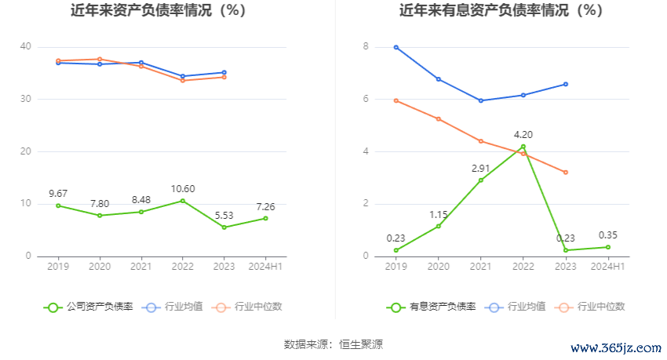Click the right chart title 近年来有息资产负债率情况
501,11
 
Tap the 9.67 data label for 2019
58,193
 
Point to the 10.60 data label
182,188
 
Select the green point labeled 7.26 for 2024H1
265,218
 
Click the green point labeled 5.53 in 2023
224,227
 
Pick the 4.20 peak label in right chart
523,134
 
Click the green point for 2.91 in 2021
480,180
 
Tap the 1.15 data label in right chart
438,214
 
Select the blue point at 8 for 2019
396,47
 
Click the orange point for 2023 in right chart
565,173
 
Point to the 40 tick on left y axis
26,47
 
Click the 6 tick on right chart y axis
365,99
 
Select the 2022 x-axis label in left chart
182,267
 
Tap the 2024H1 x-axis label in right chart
607,267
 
